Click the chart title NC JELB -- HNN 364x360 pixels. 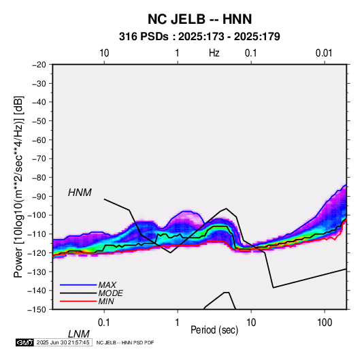point(199,19)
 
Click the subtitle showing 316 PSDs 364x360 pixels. point(199,37)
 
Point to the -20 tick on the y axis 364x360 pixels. point(39,65)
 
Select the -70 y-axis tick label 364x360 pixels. point(39,159)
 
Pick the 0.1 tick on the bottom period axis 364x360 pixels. point(104,323)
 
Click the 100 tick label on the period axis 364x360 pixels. point(325,323)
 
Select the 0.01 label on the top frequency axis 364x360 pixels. point(324,53)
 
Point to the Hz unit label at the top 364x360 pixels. point(214,53)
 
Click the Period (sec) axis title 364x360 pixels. point(214,330)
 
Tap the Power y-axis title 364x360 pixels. point(18,187)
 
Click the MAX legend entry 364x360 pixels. point(107,284)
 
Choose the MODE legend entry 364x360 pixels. point(110,293)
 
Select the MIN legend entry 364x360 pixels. point(106,301)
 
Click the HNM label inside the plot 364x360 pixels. point(80,193)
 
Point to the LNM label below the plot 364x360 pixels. point(79,334)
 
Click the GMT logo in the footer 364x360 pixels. point(25,342)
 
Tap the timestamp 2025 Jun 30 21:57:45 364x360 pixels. point(63,342)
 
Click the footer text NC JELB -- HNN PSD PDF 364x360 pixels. point(125,342)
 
